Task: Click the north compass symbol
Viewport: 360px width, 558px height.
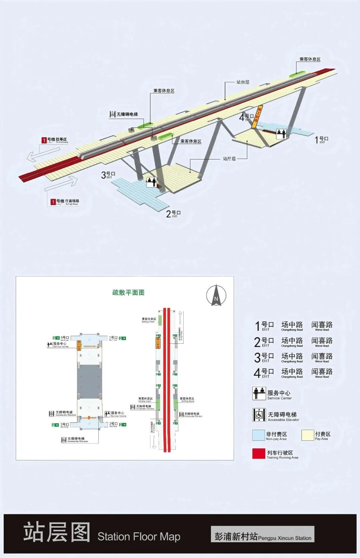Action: click(x=216, y=296)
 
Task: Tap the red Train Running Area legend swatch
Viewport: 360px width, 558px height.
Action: click(x=259, y=454)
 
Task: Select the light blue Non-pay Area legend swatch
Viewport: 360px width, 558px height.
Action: click(x=258, y=435)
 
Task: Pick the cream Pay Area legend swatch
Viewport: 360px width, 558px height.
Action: click(x=307, y=435)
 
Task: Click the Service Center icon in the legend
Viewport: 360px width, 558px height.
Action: click(x=259, y=393)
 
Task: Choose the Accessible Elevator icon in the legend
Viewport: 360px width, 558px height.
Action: click(x=259, y=415)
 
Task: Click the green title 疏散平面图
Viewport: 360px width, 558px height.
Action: click(x=128, y=293)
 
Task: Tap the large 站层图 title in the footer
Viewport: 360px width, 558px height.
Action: click(x=57, y=532)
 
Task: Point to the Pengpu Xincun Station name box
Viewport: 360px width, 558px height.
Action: click(x=262, y=534)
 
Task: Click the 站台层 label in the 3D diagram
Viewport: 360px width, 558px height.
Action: click(x=243, y=82)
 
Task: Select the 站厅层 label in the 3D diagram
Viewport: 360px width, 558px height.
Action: click(x=229, y=159)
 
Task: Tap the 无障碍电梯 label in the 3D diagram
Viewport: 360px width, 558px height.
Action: click(x=127, y=114)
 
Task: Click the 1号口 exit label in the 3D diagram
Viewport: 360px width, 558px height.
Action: click(x=322, y=139)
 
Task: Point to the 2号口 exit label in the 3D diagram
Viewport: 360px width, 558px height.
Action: click(x=173, y=214)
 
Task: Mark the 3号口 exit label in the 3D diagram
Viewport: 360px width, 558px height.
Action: click(x=108, y=175)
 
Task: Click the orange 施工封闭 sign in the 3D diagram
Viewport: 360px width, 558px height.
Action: click(x=257, y=117)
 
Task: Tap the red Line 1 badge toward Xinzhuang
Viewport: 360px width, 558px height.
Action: click(x=44, y=140)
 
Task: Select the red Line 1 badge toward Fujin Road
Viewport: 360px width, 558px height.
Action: click(x=53, y=202)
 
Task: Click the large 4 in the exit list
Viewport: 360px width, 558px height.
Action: click(x=257, y=373)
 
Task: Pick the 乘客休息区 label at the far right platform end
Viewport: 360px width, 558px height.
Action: click(x=310, y=59)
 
